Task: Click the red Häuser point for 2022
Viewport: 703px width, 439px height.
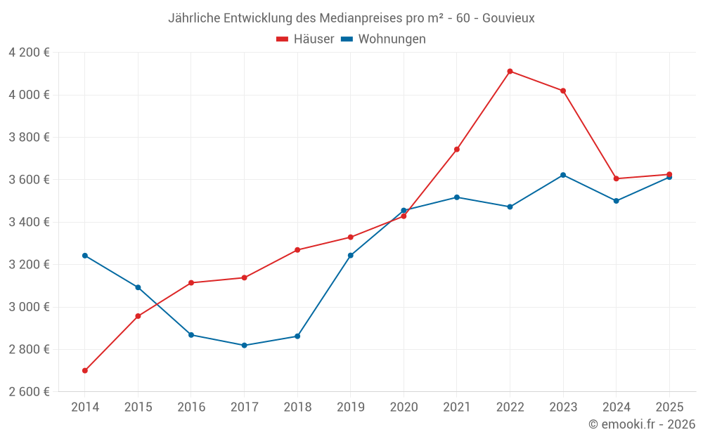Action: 510,71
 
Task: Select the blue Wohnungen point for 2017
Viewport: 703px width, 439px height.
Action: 244,345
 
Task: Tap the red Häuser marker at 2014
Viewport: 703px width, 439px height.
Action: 85,370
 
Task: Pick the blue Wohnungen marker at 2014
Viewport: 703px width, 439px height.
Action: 85,255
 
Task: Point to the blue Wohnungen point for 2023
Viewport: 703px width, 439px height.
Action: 563,175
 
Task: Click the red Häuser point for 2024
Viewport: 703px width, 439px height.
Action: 616,178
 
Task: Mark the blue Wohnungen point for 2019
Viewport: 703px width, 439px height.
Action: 350,255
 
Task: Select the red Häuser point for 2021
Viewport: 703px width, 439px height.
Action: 456,149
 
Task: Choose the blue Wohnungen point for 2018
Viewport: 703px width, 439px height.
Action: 297,336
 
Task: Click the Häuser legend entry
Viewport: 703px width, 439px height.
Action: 305,39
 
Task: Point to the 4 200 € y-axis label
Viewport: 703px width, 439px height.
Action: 29,53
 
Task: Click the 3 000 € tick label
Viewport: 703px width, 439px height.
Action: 29,307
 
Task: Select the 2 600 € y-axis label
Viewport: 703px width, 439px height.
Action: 29,392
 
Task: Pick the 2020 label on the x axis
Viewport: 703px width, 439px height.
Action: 404,407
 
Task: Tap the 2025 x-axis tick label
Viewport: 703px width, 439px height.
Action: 669,407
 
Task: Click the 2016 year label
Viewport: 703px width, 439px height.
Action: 191,407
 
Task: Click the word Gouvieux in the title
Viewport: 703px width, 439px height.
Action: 508,18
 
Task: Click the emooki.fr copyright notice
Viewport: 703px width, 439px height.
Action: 641,424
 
